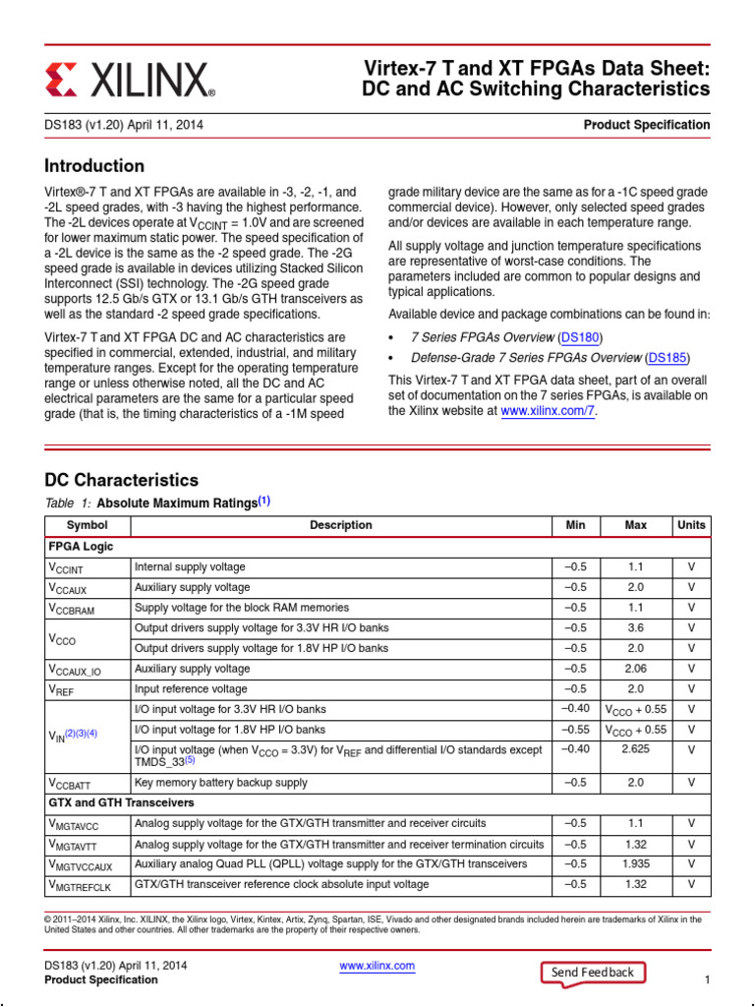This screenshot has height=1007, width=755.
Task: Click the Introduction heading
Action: [94, 166]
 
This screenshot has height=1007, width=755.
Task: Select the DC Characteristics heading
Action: [122, 480]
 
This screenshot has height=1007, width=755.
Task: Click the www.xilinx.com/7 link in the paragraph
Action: [548, 412]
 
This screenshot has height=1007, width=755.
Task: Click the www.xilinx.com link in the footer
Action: [377, 966]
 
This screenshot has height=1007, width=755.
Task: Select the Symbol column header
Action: [87, 525]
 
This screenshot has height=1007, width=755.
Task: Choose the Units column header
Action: [691, 525]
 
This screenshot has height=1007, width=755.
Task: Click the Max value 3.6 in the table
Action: [635, 627]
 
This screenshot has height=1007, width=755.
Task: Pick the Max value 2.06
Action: [635, 669]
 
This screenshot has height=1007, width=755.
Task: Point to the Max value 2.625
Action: [635, 749]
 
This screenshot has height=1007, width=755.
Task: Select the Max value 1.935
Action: [635, 863]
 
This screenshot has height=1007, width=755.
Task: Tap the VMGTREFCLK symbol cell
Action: [80, 885]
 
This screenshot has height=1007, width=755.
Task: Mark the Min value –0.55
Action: [575, 730]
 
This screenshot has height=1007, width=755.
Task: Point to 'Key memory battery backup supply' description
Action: [220, 783]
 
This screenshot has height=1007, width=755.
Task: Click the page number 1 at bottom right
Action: [707, 980]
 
